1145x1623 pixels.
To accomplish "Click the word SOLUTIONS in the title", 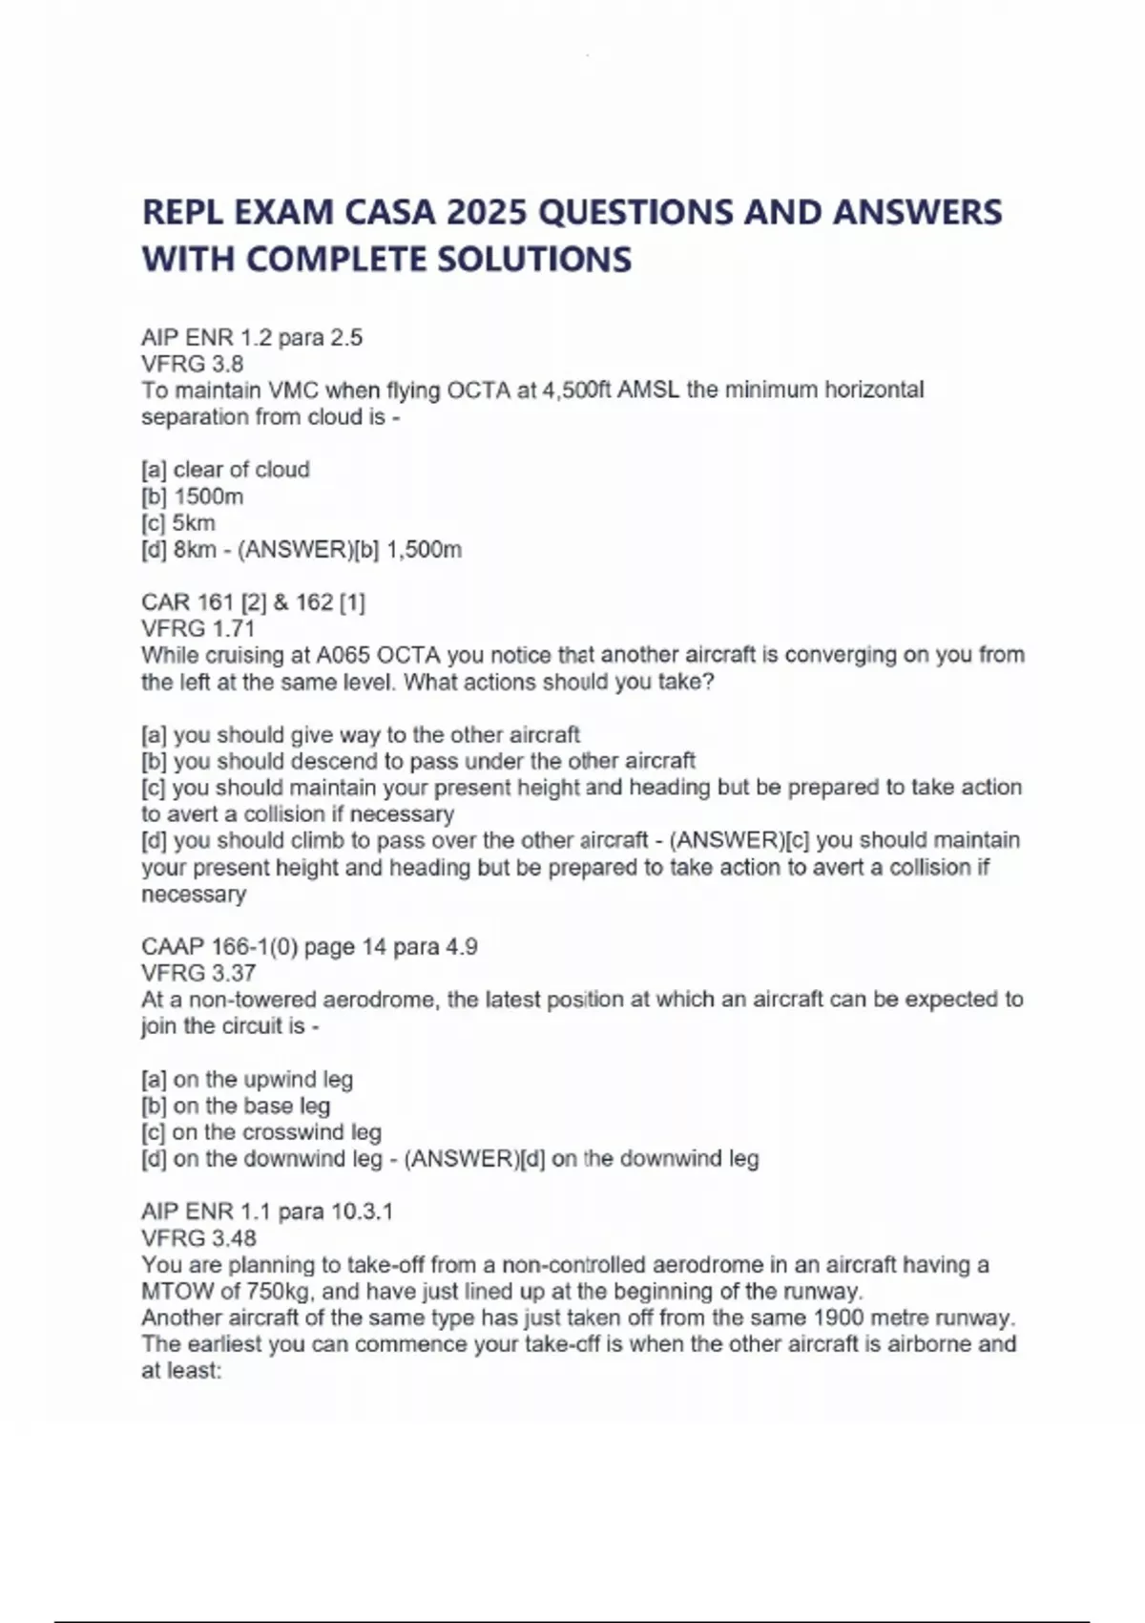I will pos(534,260).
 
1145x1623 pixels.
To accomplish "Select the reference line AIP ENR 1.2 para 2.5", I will pos(252,338).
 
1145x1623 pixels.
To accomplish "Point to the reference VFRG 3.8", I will pos(192,364).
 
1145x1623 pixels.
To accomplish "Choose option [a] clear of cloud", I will pos(225,470).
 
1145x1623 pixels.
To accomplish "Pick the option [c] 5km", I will pos(178,523).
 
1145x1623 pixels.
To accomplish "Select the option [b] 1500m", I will pos(192,496).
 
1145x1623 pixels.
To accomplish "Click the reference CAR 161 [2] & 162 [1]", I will pos(253,602).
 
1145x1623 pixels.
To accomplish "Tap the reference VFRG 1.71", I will pos(198,628).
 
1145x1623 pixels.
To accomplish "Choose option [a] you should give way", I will pos(360,735).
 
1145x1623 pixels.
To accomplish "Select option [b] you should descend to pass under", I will pos(418,761).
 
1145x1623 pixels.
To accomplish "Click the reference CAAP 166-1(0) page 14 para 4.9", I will pos(309,947).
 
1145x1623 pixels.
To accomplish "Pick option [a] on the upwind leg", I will pos(247,1080).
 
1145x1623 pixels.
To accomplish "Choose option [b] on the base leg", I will pos(236,1106).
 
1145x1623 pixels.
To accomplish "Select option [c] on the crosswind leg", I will pos(260,1132).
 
